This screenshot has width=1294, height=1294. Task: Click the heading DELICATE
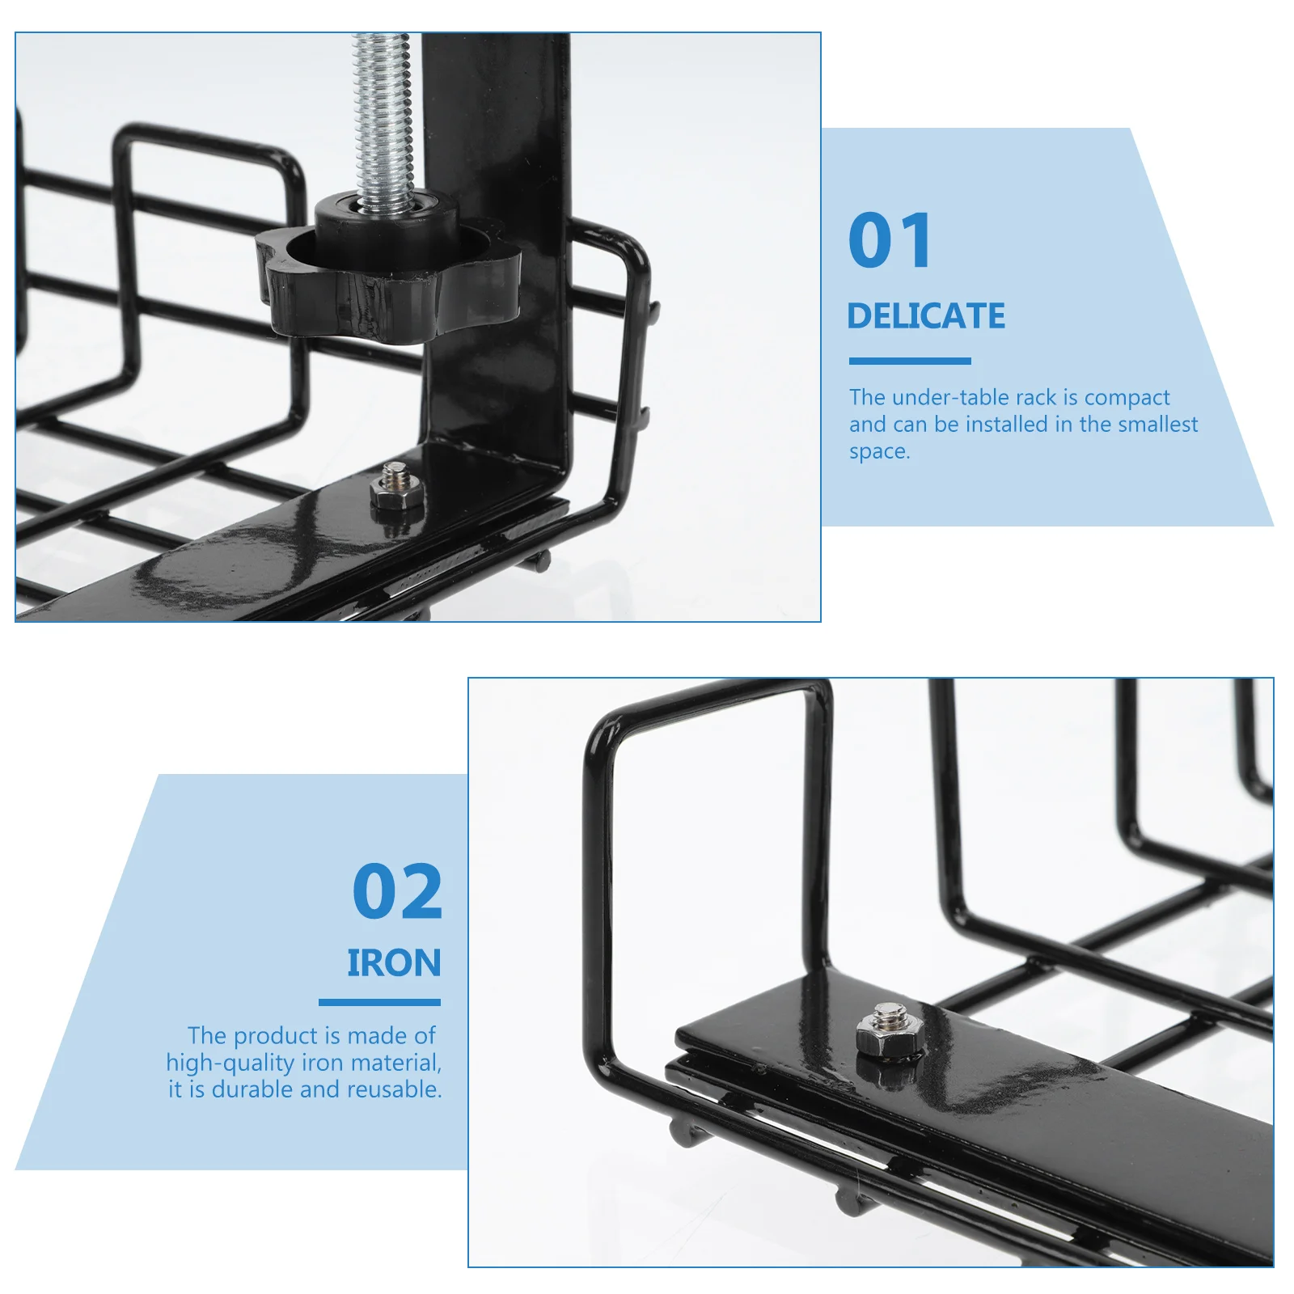point(926,316)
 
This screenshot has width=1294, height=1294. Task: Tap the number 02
point(397,891)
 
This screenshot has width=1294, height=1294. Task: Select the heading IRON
point(394,963)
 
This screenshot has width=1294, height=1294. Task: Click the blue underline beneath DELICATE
point(910,361)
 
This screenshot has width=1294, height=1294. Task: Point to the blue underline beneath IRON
point(379,1003)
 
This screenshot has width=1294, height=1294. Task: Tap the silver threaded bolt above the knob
point(385,121)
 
